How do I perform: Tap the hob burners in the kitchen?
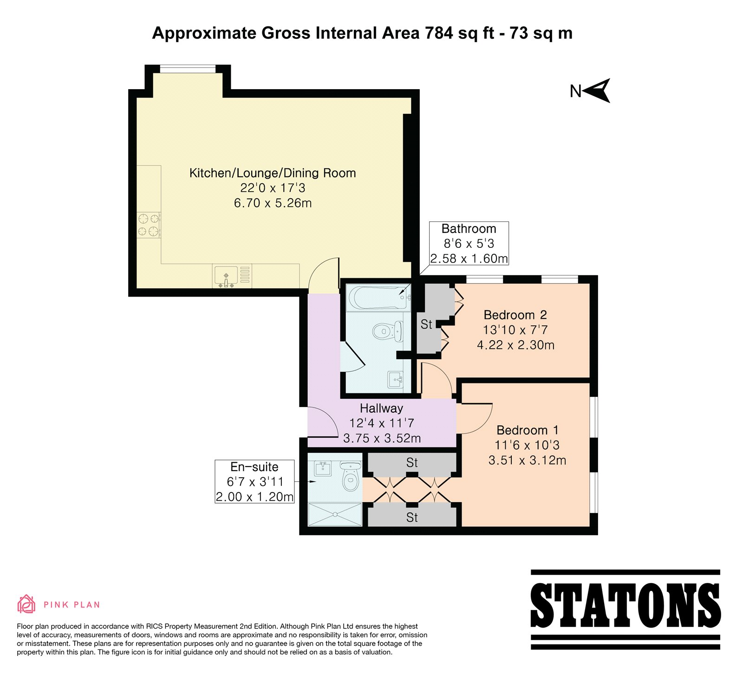click(x=149, y=225)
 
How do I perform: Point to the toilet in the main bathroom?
click(x=388, y=331)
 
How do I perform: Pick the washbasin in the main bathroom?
click(x=396, y=380)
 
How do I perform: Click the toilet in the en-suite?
click(x=351, y=476)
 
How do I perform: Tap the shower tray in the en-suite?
click(x=335, y=514)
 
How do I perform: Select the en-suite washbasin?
click(x=323, y=469)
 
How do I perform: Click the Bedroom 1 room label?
click(x=528, y=430)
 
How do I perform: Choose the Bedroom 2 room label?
click(x=515, y=315)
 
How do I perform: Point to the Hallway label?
click(x=381, y=408)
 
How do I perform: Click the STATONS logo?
click(x=625, y=609)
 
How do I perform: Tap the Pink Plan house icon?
click(x=26, y=604)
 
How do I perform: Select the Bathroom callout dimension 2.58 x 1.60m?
click(x=469, y=259)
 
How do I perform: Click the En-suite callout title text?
click(x=254, y=467)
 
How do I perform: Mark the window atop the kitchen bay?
click(x=188, y=69)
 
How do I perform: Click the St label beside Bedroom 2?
click(x=426, y=324)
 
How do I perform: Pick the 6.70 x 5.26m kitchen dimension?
click(x=273, y=203)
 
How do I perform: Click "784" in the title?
click(x=439, y=33)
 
